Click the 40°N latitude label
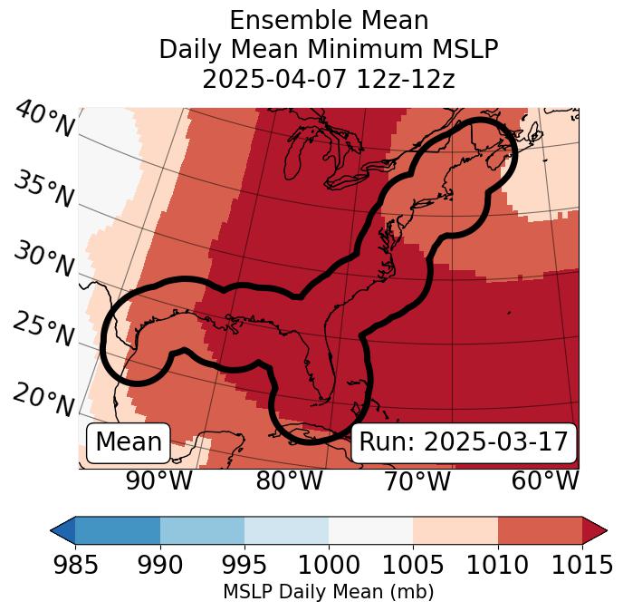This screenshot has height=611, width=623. tap(43, 120)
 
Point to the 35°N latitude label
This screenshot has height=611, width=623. tap(43, 189)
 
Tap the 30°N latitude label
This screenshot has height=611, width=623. tap(43, 260)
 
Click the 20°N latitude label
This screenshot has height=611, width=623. tap(43, 399)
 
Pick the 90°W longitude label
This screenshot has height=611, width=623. tap(158, 480)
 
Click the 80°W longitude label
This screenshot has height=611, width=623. tap(289, 480)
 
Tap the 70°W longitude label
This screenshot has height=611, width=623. tap(417, 480)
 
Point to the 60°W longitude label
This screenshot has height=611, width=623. tap(545, 480)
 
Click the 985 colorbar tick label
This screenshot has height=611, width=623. tap(76, 565)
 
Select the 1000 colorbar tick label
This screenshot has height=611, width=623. tap(329, 565)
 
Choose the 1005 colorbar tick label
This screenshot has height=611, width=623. tap(413, 565)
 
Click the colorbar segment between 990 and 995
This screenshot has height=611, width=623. tap(202, 529)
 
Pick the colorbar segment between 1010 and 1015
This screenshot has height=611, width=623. tap(540, 529)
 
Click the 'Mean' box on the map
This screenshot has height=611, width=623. tap(128, 442)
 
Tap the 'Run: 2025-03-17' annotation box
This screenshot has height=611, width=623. tap(463, 442)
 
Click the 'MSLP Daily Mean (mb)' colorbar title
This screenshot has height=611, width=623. tap(328, 592)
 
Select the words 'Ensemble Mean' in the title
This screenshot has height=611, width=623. tap(328, 20)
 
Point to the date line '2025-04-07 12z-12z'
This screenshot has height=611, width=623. tap(328, 79)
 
